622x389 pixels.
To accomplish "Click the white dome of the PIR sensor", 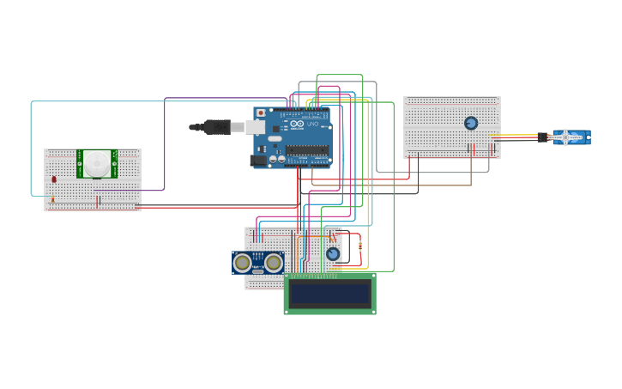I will click(x=97, y=163).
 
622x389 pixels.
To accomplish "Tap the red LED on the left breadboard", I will click(x=54, y=179).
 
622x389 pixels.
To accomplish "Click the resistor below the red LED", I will click(x=52, y=200).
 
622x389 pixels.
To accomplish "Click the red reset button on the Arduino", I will click(x=261, y=112).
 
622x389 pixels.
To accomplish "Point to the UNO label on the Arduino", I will click(x=314, y=125).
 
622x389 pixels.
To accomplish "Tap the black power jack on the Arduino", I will click(x=257, y=160).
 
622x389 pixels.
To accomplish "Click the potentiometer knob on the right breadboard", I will click(x=471, y=123).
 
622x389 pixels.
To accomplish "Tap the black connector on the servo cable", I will click(x=542, y=137).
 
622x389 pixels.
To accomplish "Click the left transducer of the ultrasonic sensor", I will click(x=243, y=262).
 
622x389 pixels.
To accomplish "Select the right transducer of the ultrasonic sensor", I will click(x=274, y=262).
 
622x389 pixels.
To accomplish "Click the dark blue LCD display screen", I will click(x=329, y=294).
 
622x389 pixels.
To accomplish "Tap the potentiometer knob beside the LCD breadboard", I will click(x=333, y=253).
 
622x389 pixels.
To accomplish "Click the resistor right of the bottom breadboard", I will click(x=360, y=246).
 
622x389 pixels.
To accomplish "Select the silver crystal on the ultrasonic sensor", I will click(x=258, y=271).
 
